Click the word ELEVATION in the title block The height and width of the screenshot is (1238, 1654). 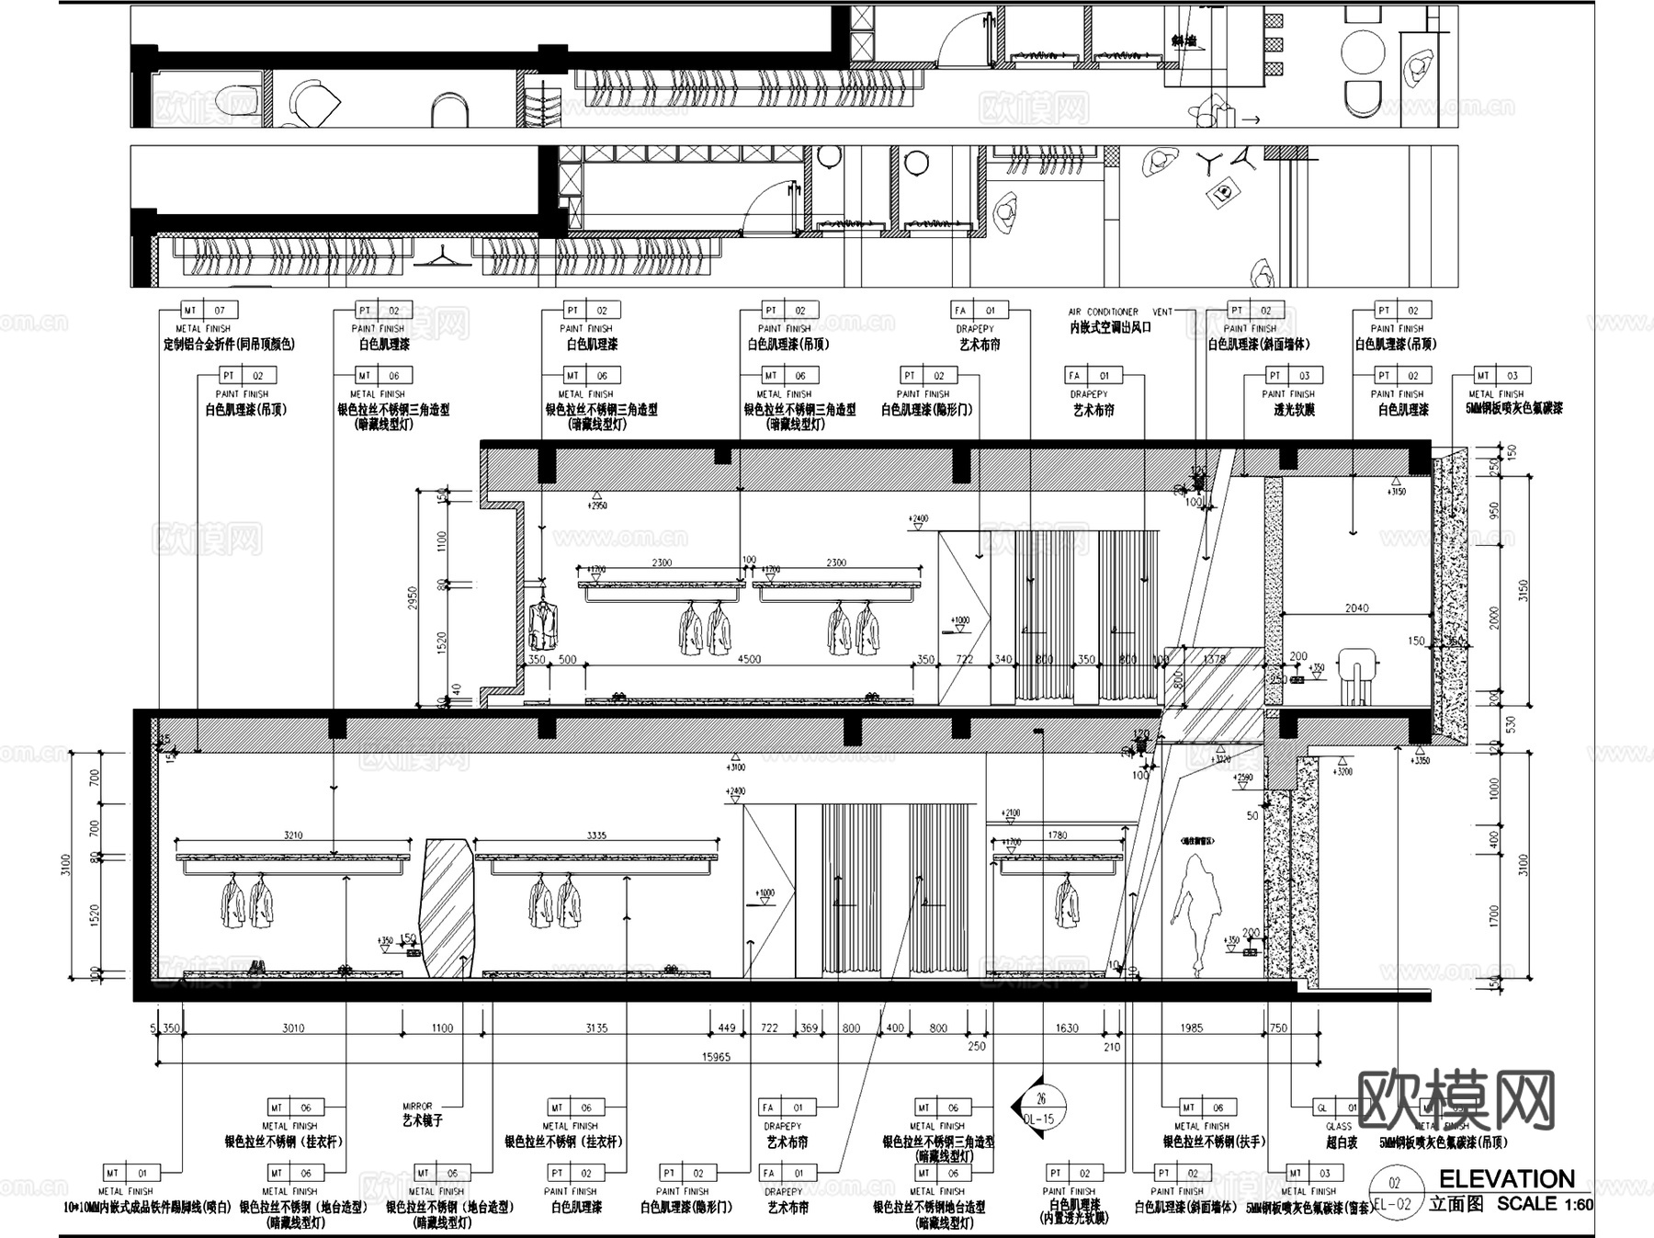coord(1506,1179)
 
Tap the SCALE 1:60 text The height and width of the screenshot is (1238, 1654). coord(1545,1203)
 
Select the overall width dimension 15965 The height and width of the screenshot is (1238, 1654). coord(716,1057)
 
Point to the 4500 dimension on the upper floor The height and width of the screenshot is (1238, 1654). coord(749,659)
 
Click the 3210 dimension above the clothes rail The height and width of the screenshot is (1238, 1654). coord(293,835)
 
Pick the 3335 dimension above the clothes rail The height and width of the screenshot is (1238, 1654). coord(595,835)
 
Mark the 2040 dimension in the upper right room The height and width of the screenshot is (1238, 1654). coord(1356,608)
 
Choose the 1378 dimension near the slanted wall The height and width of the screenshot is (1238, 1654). coord(1214,659)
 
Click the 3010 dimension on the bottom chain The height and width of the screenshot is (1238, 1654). coord(293,1028)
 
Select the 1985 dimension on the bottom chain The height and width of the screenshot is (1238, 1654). coord(1191,1028)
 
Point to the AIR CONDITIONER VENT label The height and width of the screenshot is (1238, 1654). coord(1120,312)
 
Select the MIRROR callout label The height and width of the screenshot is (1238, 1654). coord(417,1107)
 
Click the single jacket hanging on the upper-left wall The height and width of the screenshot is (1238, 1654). coord(543,624)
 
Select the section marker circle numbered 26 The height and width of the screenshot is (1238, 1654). coord(1040,1100)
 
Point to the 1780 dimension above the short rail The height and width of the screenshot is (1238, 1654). coord(1057,835)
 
